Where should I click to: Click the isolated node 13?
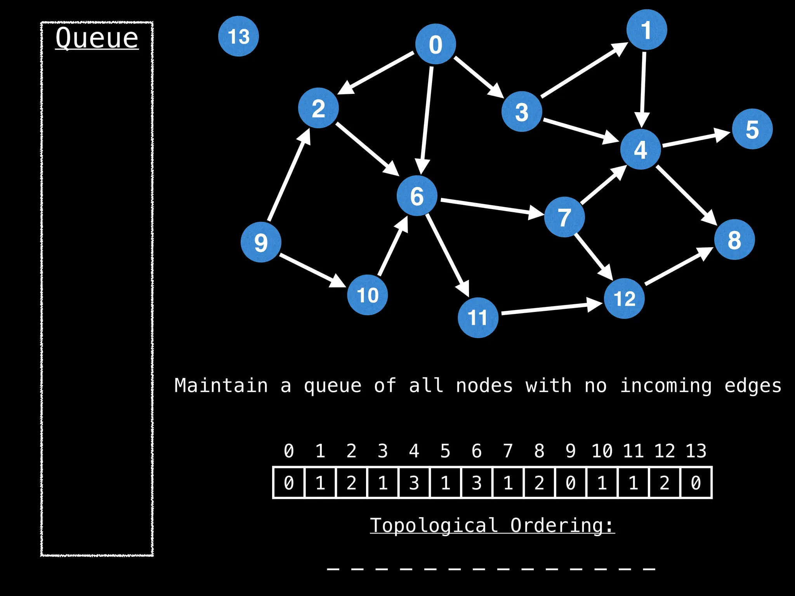point(238,36)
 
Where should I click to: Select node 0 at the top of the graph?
point(435,44)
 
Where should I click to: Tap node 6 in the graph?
point(417,196)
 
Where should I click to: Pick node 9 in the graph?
point(260,242)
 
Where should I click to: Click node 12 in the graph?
point(624,298)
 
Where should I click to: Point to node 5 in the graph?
point(752,129)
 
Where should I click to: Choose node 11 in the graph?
point(478,317)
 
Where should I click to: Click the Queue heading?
point(97,38)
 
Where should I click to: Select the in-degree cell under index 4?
point(414,483)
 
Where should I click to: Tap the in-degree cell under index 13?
point(696,483)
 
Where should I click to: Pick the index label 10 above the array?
point(602,451)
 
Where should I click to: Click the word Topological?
point(434,525)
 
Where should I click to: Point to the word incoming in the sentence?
point(666,386)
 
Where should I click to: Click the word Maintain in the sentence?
point(221,386)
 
